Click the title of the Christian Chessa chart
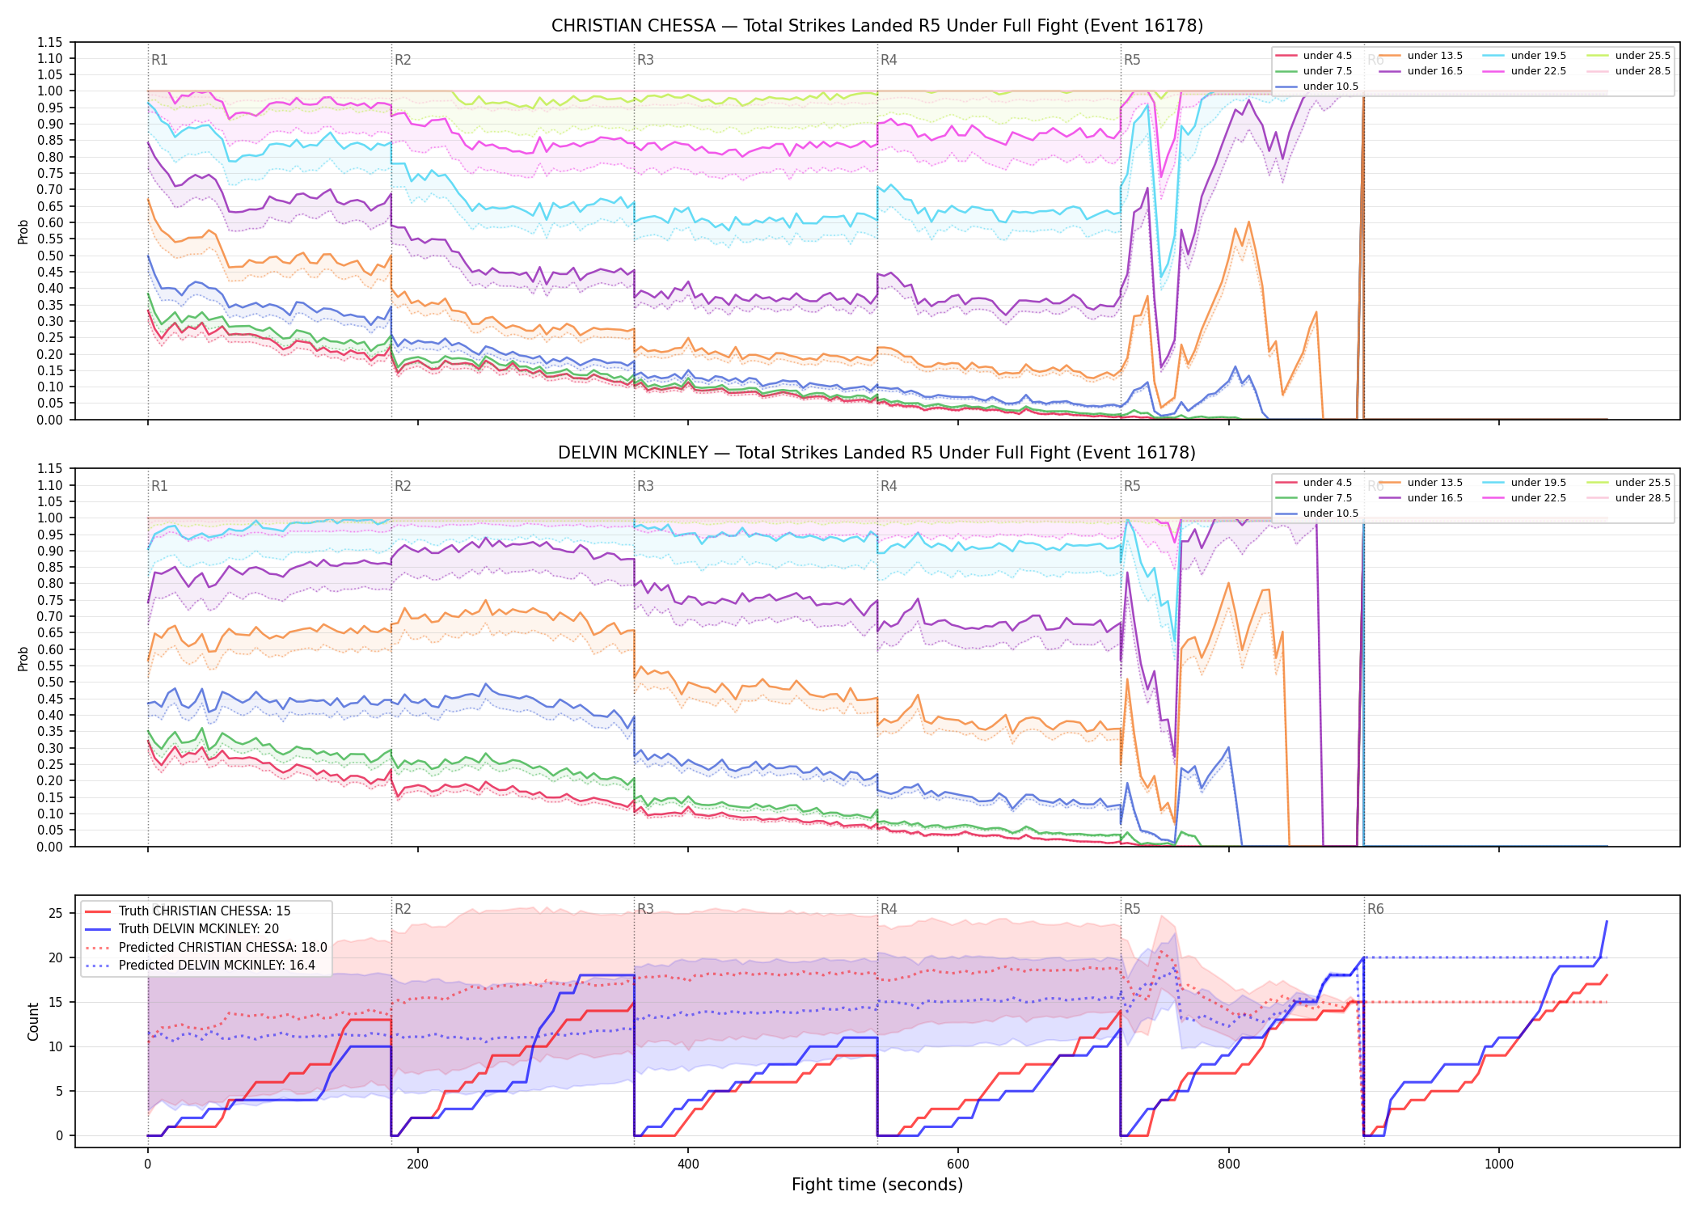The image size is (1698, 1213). [877, 26]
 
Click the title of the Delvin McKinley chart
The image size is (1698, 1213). [877, 453]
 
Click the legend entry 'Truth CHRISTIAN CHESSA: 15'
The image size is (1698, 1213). [205, 911]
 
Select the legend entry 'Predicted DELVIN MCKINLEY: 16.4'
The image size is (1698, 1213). [217, 966]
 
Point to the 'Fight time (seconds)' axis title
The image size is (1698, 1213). [877, 1185]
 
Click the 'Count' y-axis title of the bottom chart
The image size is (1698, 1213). [34, 1021]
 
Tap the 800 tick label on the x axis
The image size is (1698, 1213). [1228, 1164]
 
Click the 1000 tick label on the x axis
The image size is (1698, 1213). [1498, 1164]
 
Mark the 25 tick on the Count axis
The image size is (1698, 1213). [56, 914]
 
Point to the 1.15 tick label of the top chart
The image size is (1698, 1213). [50, 42]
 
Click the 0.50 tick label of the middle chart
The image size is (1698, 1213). [50, 683]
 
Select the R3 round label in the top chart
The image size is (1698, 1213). [645, 60]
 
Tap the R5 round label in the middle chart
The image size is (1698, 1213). [1132, 486]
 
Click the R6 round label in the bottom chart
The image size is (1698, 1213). [1375, 909]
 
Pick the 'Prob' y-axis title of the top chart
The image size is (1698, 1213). [23, 231]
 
